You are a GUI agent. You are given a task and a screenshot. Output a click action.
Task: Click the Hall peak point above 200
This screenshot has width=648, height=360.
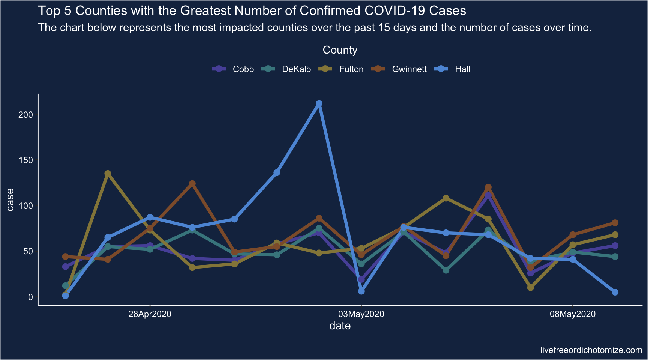pyautogui.click(x=319, y=103)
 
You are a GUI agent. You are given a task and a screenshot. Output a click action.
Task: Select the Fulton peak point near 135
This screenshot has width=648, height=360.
pyautogui.click(x=108, y=174)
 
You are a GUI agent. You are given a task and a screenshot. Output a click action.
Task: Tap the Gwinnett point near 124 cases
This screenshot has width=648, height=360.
pyautogui.click(x=192, y=184)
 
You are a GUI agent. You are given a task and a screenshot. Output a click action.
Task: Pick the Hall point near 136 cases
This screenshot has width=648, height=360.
pyautogui.click(x=277, y=172)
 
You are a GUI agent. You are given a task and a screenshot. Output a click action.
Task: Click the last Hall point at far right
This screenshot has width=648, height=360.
pyautogui.click(x=615, y=292)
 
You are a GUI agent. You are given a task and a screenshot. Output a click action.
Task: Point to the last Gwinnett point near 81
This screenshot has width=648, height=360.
pyautogui.click(x=615, y=223)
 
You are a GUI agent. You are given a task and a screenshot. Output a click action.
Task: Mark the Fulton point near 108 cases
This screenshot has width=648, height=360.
pyautogui.click(x=446, y=198)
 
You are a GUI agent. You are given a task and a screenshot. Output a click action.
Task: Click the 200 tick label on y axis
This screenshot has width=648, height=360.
pyautogui.click(x=26, y=115)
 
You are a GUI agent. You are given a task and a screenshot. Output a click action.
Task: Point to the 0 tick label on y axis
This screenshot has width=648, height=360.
pyautogui.click(x=30, y=297)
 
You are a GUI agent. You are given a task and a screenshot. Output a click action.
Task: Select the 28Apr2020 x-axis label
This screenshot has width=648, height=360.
pyautogui.click(x=150, y=314)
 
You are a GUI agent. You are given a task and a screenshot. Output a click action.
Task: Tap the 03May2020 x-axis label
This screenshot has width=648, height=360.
pyautogui.click(x=361, y=314)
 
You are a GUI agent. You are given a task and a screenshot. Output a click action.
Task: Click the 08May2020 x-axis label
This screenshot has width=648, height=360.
pyautogui.click(x=572, y=314)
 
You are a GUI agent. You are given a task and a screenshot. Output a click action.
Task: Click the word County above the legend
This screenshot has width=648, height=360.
pyautogui.click(x=340, y=50)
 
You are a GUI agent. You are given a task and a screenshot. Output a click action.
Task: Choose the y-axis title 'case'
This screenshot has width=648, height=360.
pyautogui.click(x=10, y=199)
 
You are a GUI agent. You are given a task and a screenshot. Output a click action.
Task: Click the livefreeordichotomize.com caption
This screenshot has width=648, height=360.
pyautogui.click(x=591, y=350)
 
